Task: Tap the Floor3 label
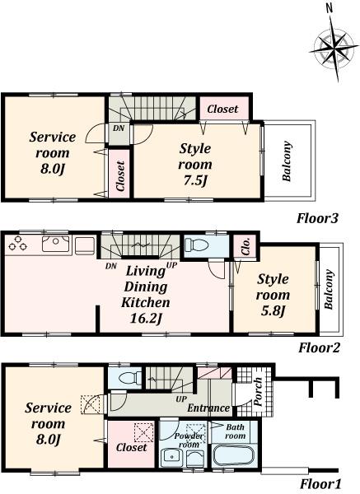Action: tap(319, 219)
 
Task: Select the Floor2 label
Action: tap(319, 348)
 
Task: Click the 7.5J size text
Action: tap(195, 179)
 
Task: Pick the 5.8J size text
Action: tap(272, 310)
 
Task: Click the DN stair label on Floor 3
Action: tap(119, 129)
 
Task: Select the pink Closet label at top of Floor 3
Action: tap(222, 110)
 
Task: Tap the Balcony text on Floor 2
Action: tap(328, 291)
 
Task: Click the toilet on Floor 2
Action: tap(196, 245)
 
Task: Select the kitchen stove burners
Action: tap(19, 244)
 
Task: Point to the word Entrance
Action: tap(207, 408)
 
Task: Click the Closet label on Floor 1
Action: tap(131, 448)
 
